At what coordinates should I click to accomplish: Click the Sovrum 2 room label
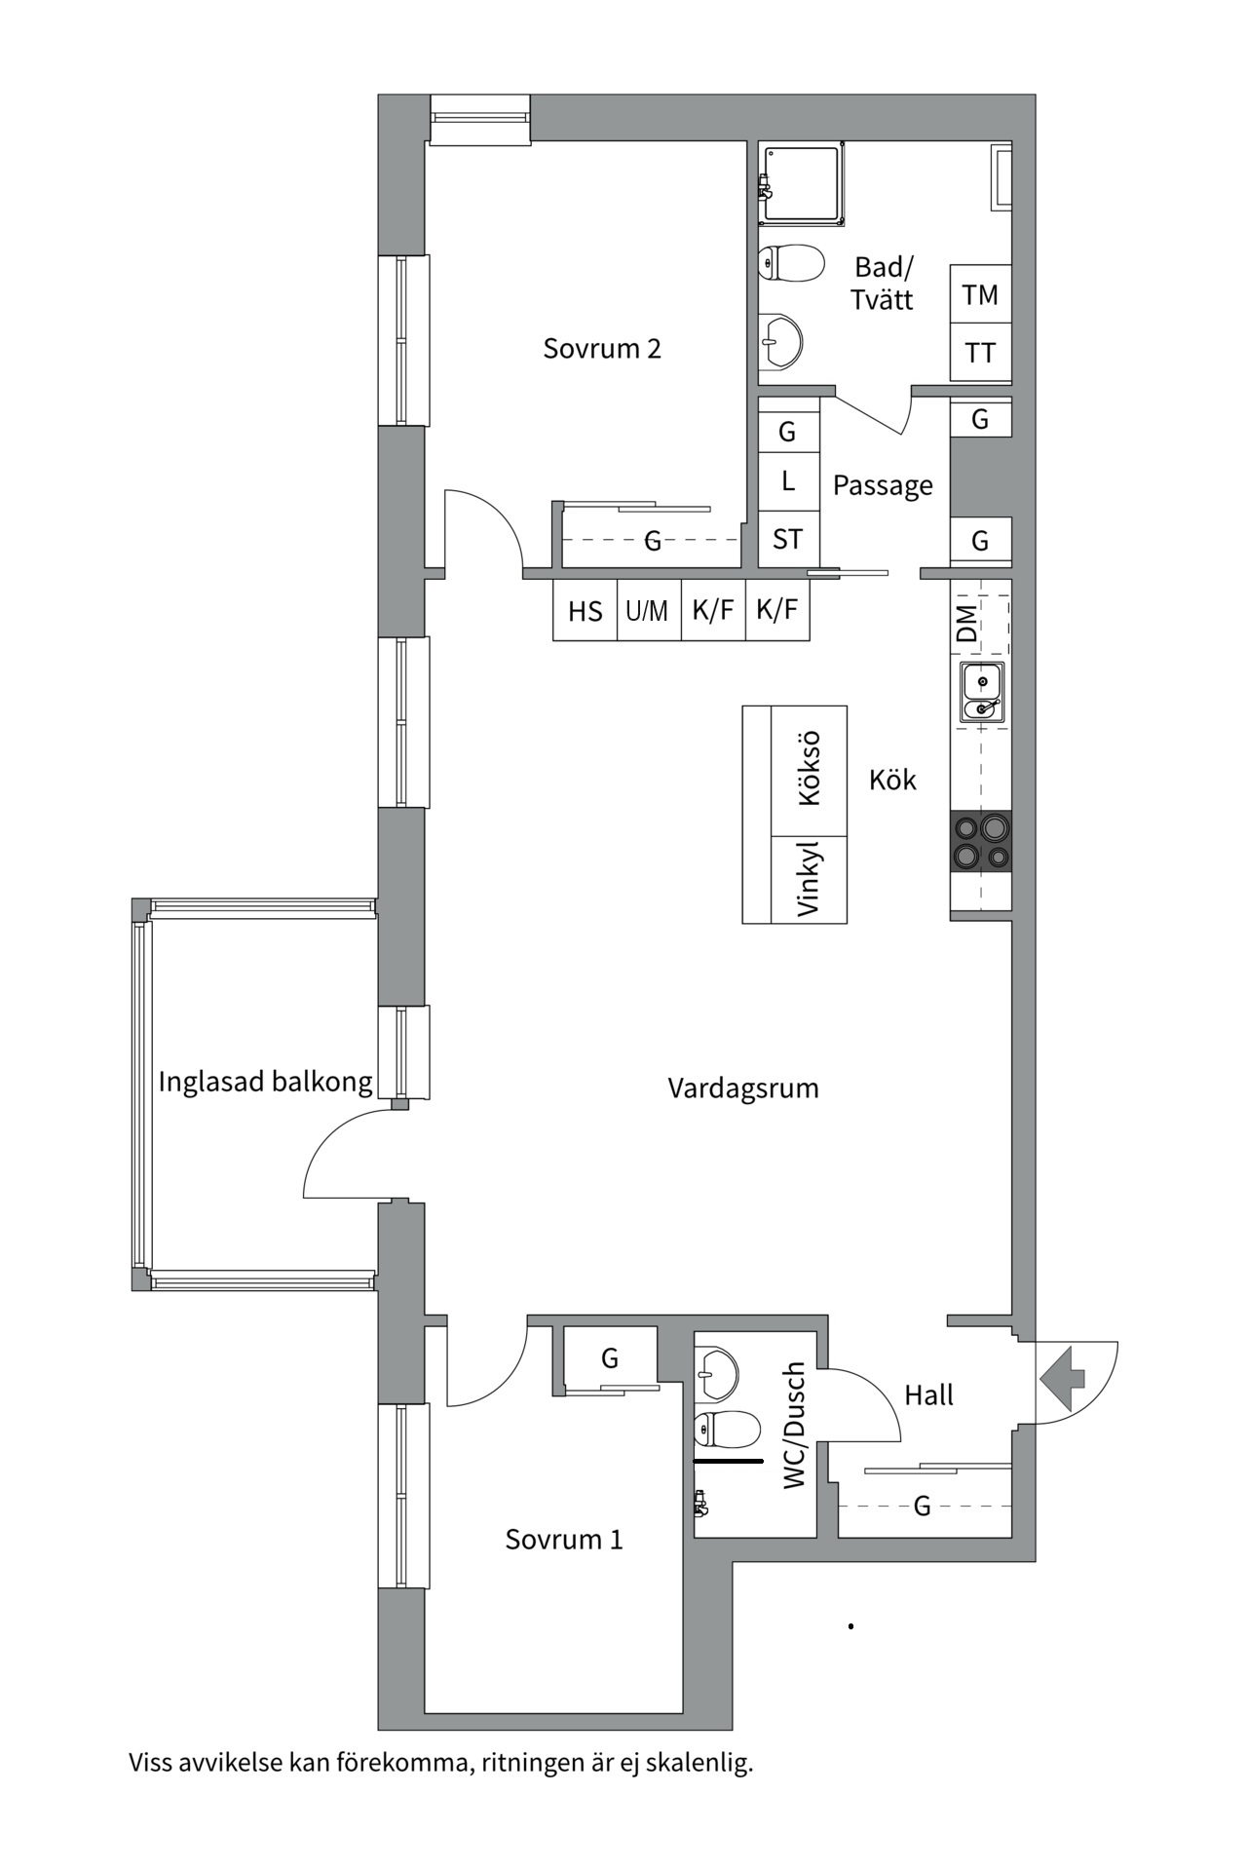602,349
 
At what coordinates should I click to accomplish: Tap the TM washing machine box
980,294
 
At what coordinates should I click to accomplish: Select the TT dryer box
980,353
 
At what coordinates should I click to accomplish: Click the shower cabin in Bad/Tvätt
803,183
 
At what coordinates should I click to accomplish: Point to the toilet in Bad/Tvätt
791,263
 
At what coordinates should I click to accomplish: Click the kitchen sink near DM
982,693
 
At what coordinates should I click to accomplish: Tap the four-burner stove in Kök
981,843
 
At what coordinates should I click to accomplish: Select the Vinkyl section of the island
809,879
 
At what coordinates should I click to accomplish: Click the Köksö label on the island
809,770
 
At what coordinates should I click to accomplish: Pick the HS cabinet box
585,611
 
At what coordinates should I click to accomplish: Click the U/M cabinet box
648,611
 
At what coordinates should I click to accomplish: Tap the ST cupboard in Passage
788,539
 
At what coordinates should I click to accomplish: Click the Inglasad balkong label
265,1082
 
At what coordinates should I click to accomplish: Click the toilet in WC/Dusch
727,1430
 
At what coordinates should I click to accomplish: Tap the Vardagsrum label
742,1088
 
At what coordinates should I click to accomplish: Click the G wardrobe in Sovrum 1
610,1357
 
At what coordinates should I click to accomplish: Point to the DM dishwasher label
967,624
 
